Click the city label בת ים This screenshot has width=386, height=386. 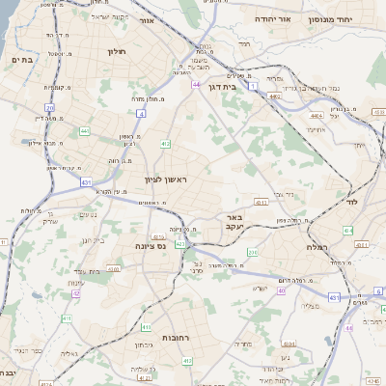pyautogui.click(x=20, y=60)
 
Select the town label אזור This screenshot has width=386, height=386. pyautogui.click(x=147, y=20)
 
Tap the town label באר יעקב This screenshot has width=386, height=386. pyautogui.click(x=237, y=221)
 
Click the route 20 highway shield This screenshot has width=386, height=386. pyautogui.click(x=49, y=108)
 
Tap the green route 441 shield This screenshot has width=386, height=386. pyautogui.click(x=85, y=131)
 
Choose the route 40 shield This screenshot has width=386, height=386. pyautogui.click(x=282, y=290)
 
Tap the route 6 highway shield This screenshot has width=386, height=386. pyautogui.click(x=378, y=290)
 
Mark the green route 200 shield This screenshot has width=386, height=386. pyautogui.click(x=253, y=252)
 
